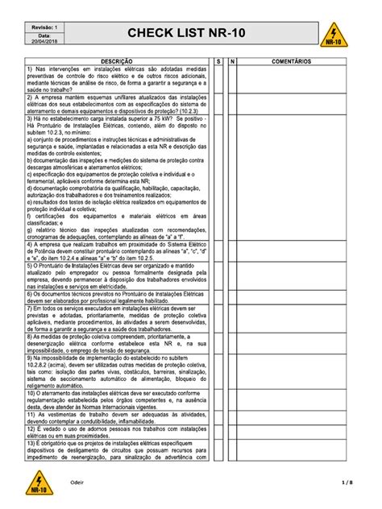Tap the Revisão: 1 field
44,27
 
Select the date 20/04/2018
44,43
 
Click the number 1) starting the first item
30,68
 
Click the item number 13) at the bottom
31,443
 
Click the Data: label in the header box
44,35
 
